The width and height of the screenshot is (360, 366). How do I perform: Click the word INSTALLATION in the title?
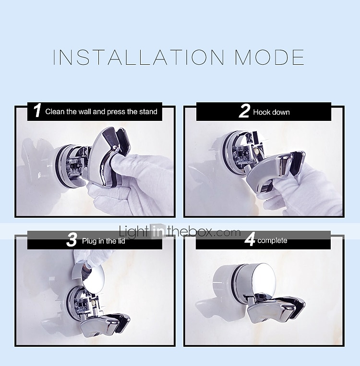[x=138, y=57]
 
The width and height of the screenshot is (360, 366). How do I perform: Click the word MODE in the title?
[x=269, y=57]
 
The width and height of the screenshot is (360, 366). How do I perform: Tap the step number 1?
[x=37, y=110]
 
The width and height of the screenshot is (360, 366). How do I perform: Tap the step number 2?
[x=244, y=111]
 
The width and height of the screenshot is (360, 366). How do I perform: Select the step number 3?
[x=72, y=240]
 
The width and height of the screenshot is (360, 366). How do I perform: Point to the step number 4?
[x=250, y=239]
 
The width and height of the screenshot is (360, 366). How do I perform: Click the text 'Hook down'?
[x=271, y=112]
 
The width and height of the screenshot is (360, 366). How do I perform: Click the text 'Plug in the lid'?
[x=104, y=241]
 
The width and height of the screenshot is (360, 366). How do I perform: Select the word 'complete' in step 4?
[x=272, y=241]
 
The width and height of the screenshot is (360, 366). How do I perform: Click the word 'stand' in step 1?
[x=148, y=112]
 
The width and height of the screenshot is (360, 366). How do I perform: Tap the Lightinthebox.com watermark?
[x=180, y=232]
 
